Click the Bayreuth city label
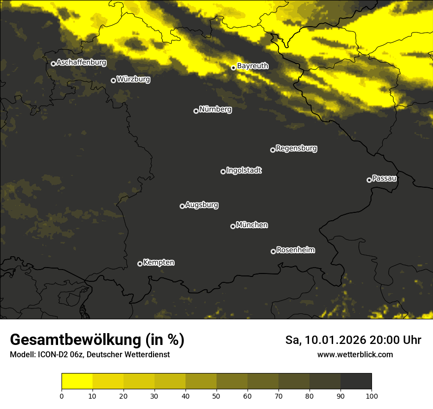coord(253,66)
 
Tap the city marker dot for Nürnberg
coord(196,111)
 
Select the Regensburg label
coord(296,148)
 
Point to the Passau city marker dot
coord(369,180)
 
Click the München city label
coord(252,225)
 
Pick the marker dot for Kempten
coord(140,264)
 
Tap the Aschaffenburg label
coord(81,63)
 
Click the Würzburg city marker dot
coord(113,80)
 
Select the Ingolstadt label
coord(244,170)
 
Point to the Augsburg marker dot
coord(182,206)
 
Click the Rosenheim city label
coord(295,250)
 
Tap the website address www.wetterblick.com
coord(355,354)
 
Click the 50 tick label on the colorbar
coord(216,396)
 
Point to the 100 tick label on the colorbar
coord(371,396)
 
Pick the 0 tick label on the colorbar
coord(62,396)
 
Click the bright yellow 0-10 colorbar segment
coord(77,381)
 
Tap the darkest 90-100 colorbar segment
coord(356,381)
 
